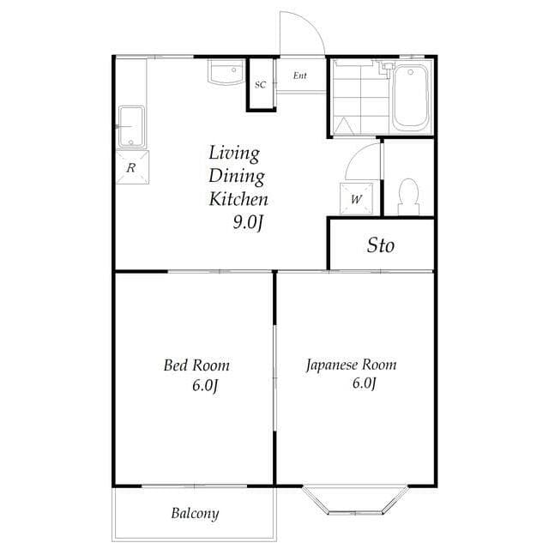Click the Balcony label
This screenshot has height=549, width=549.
pos(195,514)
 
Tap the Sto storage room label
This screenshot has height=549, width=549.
pos(381,245)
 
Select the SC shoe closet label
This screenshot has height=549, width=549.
pos(260,84)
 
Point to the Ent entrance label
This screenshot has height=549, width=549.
pos(299,75)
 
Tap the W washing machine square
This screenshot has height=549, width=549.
pos(356,199)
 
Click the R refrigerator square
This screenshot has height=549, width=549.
pos(131,168)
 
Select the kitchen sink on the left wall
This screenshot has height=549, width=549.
pos(131,126)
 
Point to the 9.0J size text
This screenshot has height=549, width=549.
pos(249,222)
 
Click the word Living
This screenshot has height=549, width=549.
pos(234,154)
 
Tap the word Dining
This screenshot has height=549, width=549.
pos(237,177)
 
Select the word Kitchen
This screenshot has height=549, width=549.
pos(239,199)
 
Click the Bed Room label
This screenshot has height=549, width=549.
pos(196,365)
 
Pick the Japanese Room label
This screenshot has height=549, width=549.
pos(352,365)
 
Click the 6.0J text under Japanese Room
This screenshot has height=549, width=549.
pos(362,383)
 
